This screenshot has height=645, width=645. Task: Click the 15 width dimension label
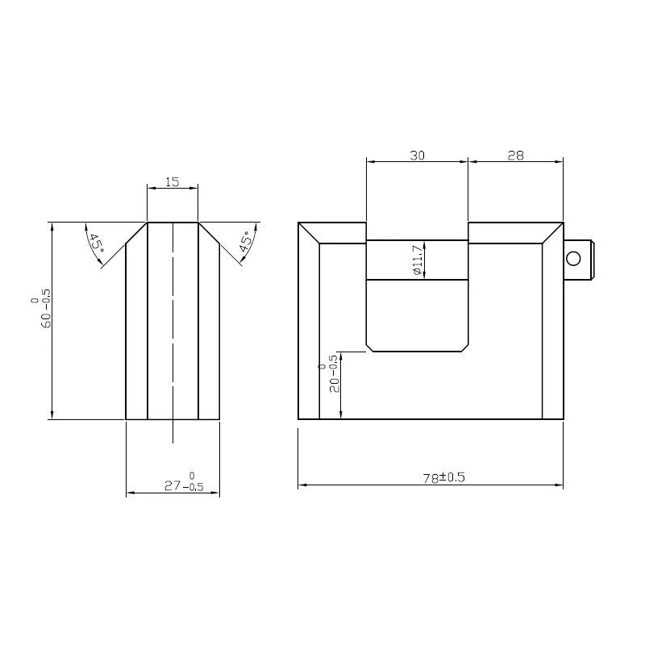click(x=172, y=181)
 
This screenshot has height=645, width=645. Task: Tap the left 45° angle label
click(x=96, y=243)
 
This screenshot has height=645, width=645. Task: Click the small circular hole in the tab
click(x=573, y=258)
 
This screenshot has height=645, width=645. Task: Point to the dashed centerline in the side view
click(x=173, y=339)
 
